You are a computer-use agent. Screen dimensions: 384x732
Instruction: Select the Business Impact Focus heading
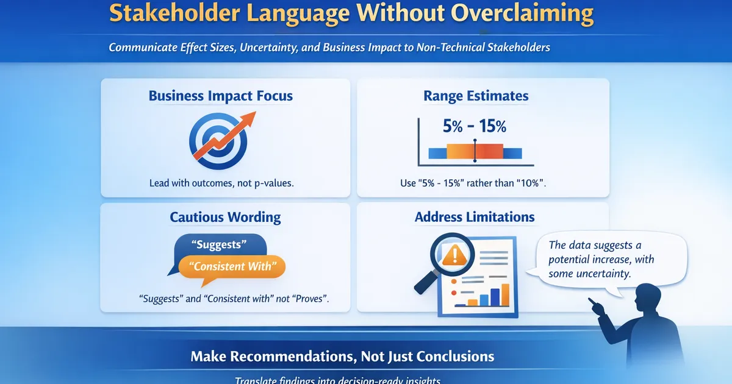[x=220, y=96]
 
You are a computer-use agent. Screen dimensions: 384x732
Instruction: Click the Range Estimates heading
[x=476, y=96]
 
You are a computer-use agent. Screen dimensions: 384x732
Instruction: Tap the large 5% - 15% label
[x=474, y=127]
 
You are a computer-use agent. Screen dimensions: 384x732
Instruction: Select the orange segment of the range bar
[x=461, y=152]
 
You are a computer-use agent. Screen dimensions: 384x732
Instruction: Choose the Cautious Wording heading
[x=225, y=217]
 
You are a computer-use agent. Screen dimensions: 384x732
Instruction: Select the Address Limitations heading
[x=475, y=217]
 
